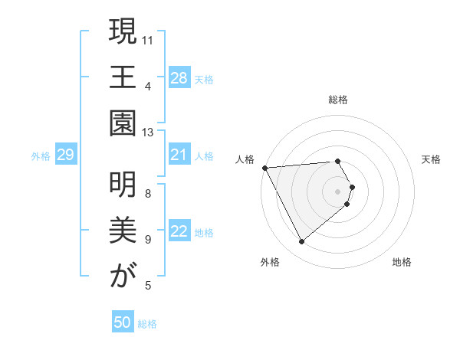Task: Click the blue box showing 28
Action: pos(179,78)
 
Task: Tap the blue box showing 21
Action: pos(179,155)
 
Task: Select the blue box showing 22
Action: pos(179,232)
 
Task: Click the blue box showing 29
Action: pos(65,155)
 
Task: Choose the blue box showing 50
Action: pos(123,323)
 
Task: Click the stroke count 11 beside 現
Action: pos(148,39)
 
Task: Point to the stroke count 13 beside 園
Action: pos(148,133)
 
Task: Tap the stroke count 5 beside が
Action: pos(148,286)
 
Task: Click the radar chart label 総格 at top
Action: pos(338,100)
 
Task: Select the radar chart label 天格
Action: pos(431,159)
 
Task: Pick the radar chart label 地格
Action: pos(402,262)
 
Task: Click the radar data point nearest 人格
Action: pos(264,168)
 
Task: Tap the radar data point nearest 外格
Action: pos(301,242)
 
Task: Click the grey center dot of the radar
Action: pos(338,191)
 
